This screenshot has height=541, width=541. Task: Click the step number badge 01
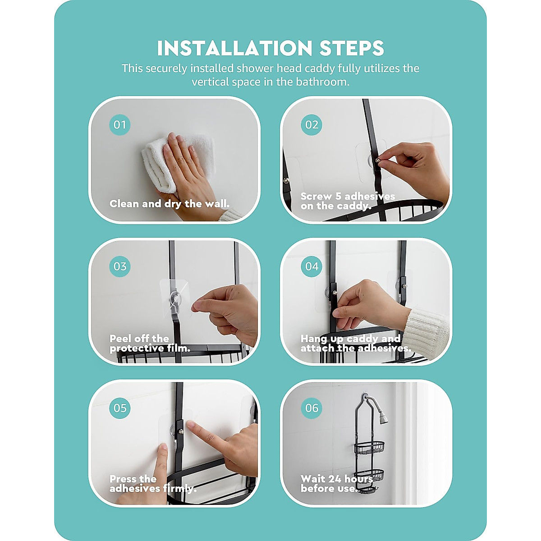coord(120,124)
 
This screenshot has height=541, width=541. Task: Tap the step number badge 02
coord(312,124)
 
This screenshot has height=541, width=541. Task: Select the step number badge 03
coord(120,266)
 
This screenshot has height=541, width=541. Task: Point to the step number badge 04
coord(312,266)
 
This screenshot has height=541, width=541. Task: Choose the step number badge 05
coord(120,408)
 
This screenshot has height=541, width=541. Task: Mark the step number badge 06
coord(312,408)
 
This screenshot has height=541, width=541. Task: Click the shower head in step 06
coord(382,418)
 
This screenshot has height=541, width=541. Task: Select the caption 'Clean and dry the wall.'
coord(170,204)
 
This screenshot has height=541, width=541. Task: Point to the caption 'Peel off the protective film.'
coord(150,344)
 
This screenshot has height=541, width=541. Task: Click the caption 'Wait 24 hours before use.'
coord(337,483)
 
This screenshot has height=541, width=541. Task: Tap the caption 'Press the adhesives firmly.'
coord(153,483)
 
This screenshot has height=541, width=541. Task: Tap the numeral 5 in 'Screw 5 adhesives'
coord(338,196)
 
